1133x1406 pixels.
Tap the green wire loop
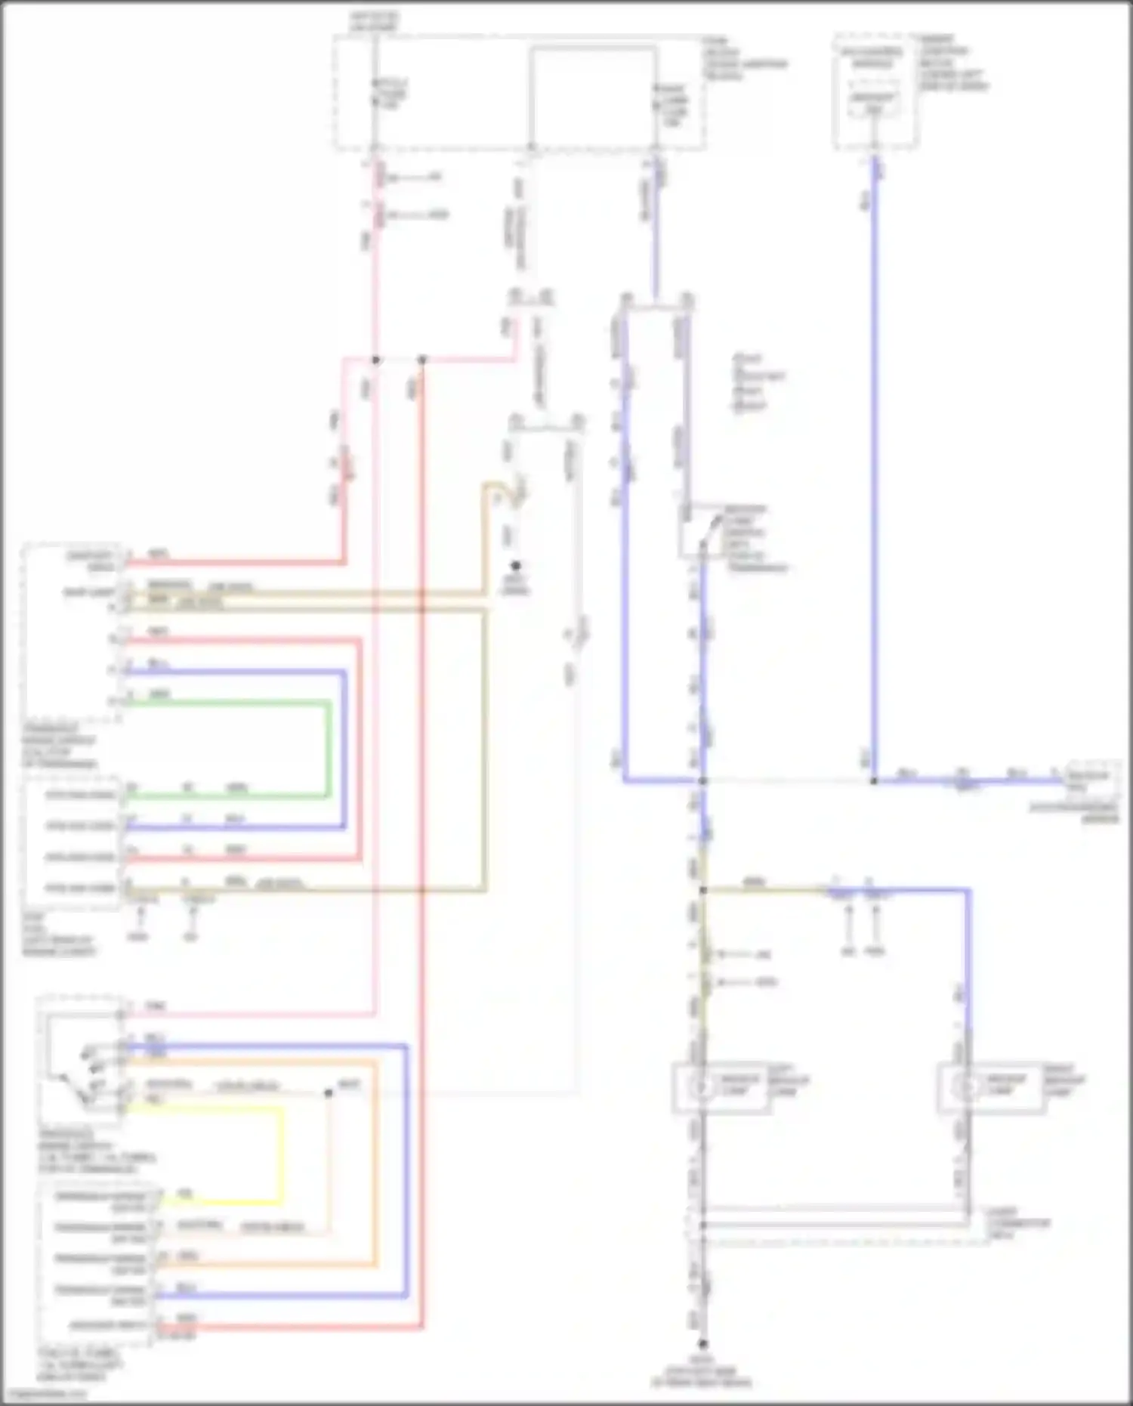pos(329,748)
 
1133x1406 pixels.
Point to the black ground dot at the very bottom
pos(702,1344)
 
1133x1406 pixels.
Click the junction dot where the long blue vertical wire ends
pos(874,780)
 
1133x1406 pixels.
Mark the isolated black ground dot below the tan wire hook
pos(517,565)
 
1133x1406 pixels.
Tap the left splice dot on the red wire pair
pos(376,360)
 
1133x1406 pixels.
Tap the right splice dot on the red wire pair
pos(422,360)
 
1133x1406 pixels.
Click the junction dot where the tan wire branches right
pos(702,891)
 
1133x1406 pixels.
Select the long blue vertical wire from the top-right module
pos(874,453)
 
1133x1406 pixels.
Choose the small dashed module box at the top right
pos(875,91)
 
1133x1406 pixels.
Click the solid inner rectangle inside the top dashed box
pos(592,94)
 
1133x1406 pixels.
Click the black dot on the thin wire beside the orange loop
pos(328,1093)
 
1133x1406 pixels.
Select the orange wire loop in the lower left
pos(375,1163)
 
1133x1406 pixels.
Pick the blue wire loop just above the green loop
pos(344,748)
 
